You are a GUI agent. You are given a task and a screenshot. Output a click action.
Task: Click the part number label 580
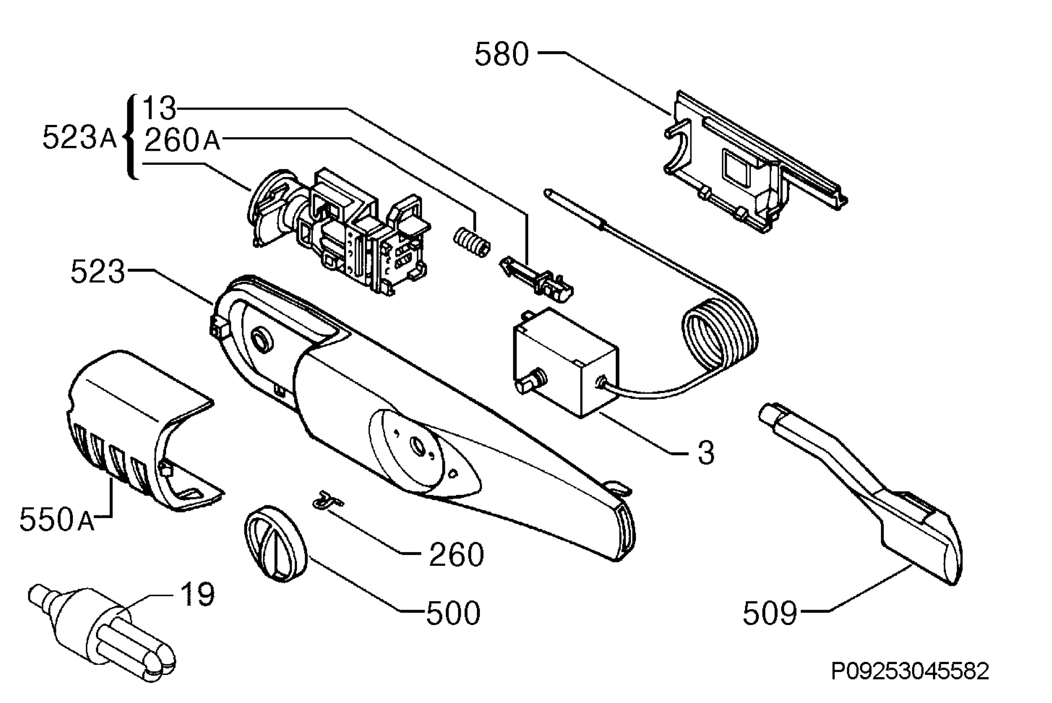502,54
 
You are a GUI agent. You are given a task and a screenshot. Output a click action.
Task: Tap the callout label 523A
79,137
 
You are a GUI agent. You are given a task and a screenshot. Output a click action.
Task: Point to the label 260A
182,140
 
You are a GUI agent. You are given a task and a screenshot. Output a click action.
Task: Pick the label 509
769,613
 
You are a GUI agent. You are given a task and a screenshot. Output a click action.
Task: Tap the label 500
453,613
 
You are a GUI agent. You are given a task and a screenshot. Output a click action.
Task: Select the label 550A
57,520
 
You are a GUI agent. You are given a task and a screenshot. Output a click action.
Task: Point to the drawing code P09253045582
910,671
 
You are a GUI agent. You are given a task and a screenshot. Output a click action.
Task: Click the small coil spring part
471,241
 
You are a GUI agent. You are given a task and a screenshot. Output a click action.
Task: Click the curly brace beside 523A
131,137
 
